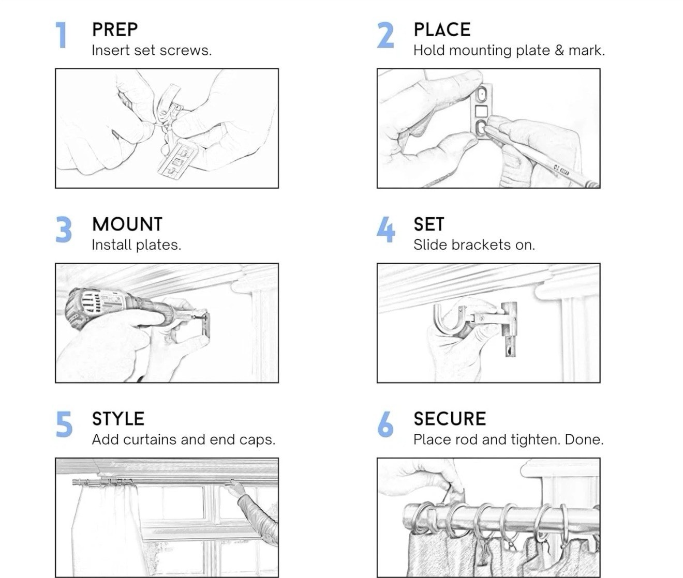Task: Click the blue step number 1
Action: point(62,35)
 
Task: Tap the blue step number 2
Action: point(385,35)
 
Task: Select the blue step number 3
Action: point(64,230)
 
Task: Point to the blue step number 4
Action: point(386,230)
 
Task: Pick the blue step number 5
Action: point(64,424)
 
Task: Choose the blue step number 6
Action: point(385,424)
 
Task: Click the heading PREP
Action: point(115,29)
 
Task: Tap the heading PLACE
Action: point(442,29)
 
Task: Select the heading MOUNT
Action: point(127,224)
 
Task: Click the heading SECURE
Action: point(450,419)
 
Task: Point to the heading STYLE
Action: point(118,419)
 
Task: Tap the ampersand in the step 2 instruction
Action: point(559,51)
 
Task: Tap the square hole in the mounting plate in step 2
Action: point(481,111)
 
